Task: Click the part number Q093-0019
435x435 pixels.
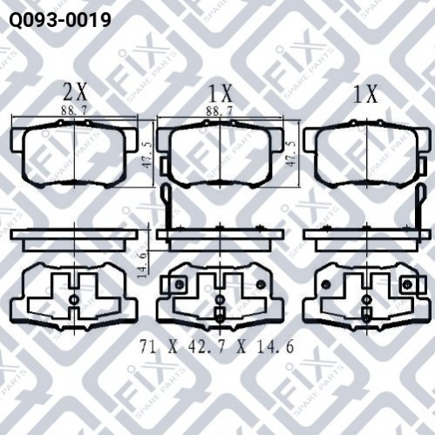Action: pyautogui.click(x=60, y=19)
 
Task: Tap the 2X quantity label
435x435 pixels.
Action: pyautogui.click(x=75, y=93)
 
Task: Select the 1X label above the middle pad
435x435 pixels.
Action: pyautogui.click(x=221, y=93)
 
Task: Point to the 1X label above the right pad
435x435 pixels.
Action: pyautogui.click(x=365, y=93)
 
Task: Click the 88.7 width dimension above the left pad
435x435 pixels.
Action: pyautogui.click(x=74, y=110)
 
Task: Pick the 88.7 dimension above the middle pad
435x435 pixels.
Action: pyautogui.click(x=220, y=111)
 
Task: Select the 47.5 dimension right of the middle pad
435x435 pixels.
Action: pyautogui.click(x=291, y=153)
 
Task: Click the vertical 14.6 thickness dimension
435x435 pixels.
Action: pyautogui.click(x=143, y=265)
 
